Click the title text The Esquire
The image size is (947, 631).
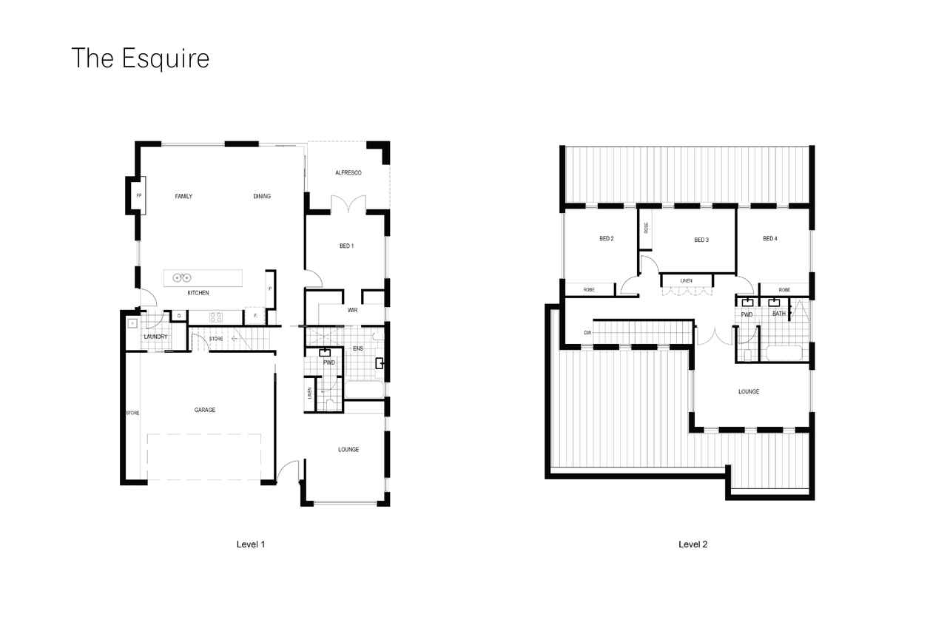click(x=141, y=58)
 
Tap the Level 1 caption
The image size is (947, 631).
click(x=251, y=544)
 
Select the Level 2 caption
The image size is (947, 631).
click(x=693, y=544)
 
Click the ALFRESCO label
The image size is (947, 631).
click(x=348, y=172)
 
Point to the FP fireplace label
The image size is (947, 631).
click(x=138, y=196)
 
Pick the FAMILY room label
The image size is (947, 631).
click(x=183, y=196)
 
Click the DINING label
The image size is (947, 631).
click(x=262, y=196)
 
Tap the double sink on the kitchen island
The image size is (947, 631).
click(x=182, y=277)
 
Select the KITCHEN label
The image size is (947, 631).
click(x=198, y=293)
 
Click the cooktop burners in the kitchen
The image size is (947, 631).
click(x=215, y=317)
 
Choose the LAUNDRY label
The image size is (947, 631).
click(x=155, y=337)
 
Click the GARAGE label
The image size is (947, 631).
click(x=205, y=410)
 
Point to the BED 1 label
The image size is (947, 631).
click(x=347, y=246)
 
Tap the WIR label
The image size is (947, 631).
click(x=353, y=310)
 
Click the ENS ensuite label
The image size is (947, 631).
click(x=358, y=348)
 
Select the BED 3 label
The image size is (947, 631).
click(x=701, y=240)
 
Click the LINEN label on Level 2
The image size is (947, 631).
click(x=686, y=281)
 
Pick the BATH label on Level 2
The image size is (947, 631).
click(x=779, y=314)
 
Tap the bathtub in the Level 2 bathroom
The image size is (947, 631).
click(x=784, y=354)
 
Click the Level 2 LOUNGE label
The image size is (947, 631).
click(x=749, y=392)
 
